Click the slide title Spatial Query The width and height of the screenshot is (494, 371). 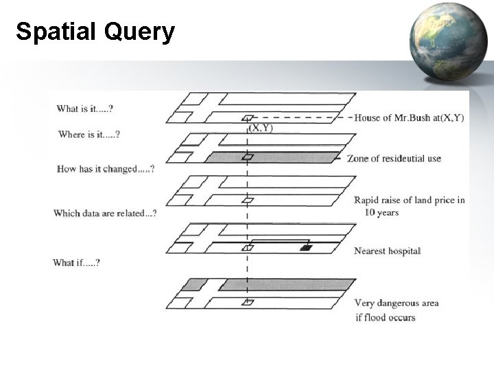95,31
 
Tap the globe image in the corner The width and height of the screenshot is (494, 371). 449,41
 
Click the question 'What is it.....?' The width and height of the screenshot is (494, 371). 85,109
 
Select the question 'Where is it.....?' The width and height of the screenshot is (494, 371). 89,135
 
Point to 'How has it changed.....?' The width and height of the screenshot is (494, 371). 105,169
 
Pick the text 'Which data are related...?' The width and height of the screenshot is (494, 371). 105,213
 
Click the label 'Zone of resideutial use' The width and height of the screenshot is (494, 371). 394,159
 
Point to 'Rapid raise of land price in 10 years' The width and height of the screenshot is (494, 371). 409,206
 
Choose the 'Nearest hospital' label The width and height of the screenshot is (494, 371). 387,251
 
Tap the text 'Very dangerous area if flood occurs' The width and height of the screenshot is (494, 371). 396,310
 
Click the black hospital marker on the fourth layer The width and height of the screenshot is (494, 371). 306,247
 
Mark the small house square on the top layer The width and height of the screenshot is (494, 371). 248,118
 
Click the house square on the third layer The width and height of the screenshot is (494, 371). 248,201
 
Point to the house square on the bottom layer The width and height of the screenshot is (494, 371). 248,302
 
